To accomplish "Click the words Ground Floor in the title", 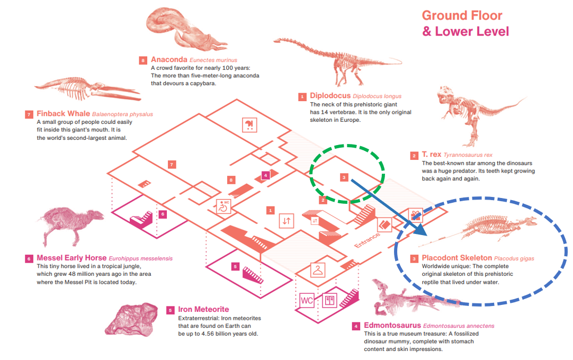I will [x=462, y=15].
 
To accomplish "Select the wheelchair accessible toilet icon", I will [x=223, y=205].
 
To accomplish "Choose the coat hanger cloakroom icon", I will [x=317, y=269].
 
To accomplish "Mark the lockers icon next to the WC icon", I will [x=329, y=301].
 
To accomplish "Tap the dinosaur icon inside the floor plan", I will [x=248, y=124].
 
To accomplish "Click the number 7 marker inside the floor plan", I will [x=172, y=165].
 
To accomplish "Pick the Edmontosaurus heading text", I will [x=391, y=325].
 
